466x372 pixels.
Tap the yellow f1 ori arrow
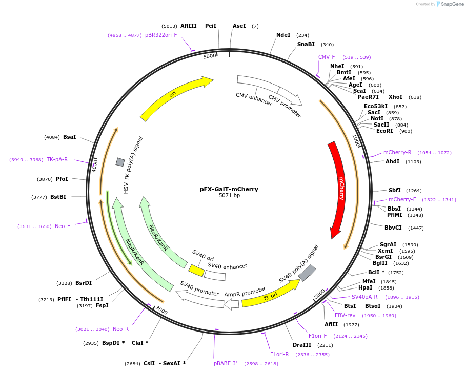(270, 294)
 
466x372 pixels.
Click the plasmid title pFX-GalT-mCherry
(229, 189)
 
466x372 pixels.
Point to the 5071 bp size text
(229, 196)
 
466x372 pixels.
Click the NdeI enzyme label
(283, 35)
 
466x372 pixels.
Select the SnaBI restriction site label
(306, 45)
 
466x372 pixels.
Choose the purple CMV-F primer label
(327, 57)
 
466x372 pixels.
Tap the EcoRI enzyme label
(384, 131)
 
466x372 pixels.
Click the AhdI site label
(392, 162)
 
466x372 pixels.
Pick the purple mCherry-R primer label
(397, 153)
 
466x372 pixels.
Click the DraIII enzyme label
(302, 345)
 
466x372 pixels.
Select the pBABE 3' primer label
(226, 363)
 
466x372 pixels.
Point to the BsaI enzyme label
(69, 137)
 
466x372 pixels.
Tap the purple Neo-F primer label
(63, 226)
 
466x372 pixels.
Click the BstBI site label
(58, 197)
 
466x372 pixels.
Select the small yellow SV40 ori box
(196, 270)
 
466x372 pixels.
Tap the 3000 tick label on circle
(161, 311)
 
